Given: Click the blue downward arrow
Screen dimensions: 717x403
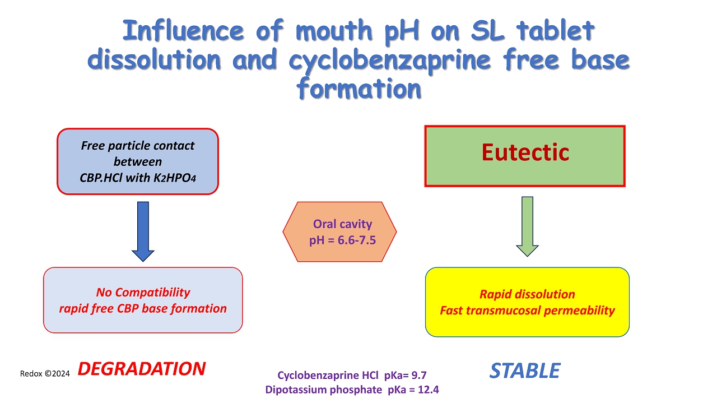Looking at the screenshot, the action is pyautogui.click(x=143, y=231).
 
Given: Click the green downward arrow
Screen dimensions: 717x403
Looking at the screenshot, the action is pyautogui.click(x=527, y=226).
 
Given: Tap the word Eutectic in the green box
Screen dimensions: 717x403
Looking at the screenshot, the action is pyautogui.click(x=525, y=152).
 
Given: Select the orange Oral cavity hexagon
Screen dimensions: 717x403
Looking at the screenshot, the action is pyautogui.click(x=339, y=231).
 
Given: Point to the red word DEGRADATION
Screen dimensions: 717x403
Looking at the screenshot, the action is pyautogui.click(x=142, y=369).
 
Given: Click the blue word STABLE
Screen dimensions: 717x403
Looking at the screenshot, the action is pyautogui.click(x=525, y=371).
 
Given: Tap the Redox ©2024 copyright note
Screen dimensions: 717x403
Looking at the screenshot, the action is pyautogui.click(x=45, y=373).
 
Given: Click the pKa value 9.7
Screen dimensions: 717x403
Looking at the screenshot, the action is pyautogui.click(x=419, y=375).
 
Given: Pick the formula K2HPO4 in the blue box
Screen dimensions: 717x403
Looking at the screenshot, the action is pyautogui.click(x=174, y=178).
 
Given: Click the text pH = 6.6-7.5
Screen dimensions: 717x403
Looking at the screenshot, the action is pyautogui.click(x=342, y=240).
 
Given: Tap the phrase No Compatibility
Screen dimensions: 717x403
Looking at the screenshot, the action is pyautogui.click(x=143, y=292).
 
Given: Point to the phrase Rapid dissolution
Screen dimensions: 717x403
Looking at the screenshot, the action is pyautogui.click(x=527, y=294).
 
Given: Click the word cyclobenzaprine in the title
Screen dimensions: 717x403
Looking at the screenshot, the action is pyautogui.click(x=389, y=61).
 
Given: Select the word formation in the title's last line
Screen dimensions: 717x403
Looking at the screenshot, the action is pyautogui.click(x=358, y=89).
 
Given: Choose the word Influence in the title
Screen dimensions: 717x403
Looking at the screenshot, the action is pyautogui.click(x=183, y=30).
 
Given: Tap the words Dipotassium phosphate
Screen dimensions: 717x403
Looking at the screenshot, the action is pyautogui.click(x=324, y=390).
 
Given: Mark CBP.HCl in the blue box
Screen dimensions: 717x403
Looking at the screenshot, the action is pyautogui.click(x=101, y=178).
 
